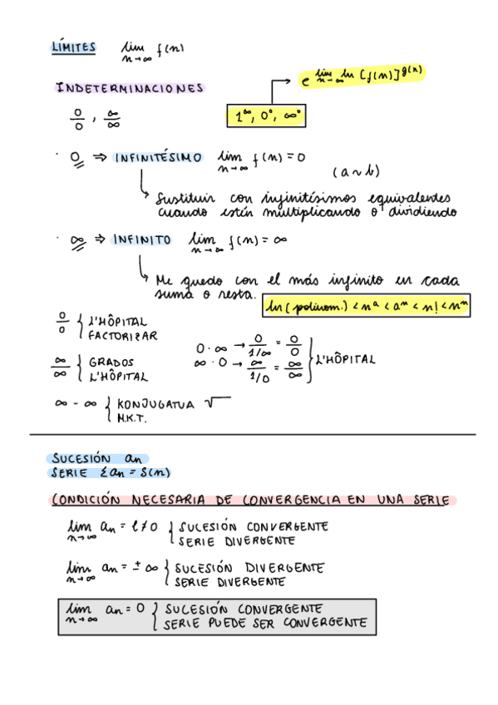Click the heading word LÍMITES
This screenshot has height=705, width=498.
pos(73,48)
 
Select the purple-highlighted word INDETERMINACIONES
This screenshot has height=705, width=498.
pos(130,88)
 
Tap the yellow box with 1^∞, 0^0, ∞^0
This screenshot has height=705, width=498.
pos(266,117)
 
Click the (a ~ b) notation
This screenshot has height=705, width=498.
pos(356,172)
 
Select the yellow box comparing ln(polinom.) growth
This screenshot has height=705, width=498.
pos(365,308)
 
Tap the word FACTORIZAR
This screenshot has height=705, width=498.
pos(122,336)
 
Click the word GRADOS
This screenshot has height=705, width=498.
pos(111,362)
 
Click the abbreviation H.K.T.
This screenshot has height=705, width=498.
pos(131,418)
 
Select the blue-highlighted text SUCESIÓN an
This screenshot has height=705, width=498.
pos(97,459)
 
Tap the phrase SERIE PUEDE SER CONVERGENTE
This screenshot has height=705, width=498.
pos(265,623)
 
